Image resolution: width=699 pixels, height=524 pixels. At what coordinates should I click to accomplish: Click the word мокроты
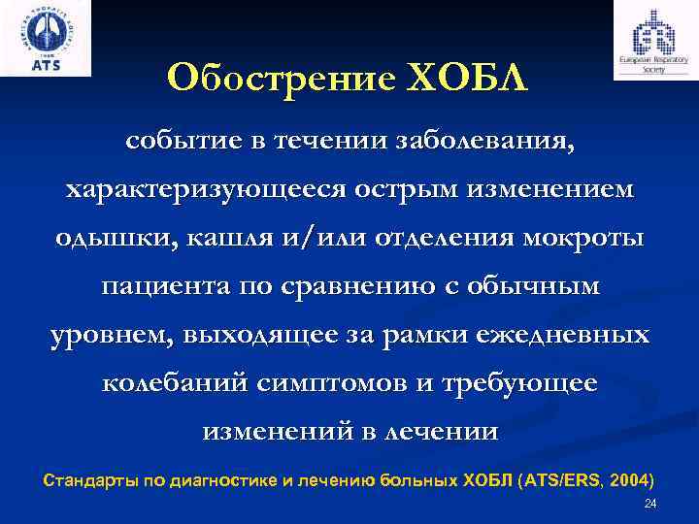click(x=587, y=240)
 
